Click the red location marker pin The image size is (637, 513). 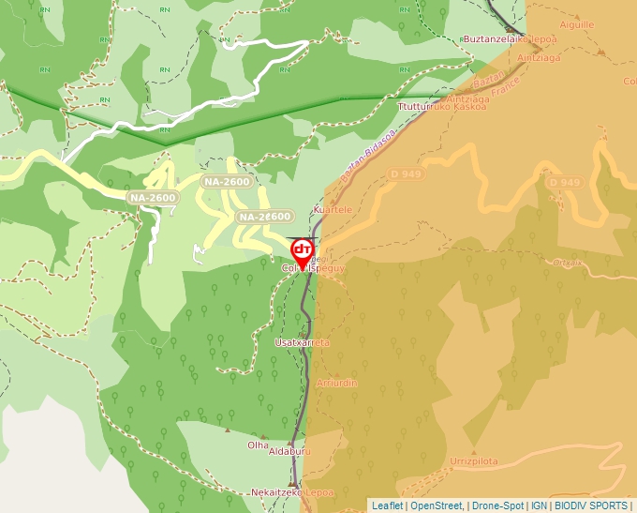click(x=302, y=250)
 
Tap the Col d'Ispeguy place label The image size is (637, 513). click(x=314, y=268)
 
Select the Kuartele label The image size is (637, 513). click(x=333, y=210)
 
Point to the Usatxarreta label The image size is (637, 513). click(x=302, y=343)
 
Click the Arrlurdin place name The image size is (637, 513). click(x=337, y=383)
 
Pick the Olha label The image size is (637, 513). click(x=258, y=445)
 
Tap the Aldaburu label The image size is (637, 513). click(x=289, y=452)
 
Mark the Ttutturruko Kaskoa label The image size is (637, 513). click(x=442, y=107)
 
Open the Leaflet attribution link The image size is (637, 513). click(x=387, y=505)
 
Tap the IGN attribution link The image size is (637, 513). click(x=539, y=505)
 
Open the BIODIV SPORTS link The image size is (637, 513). click(x=591, y=505)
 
